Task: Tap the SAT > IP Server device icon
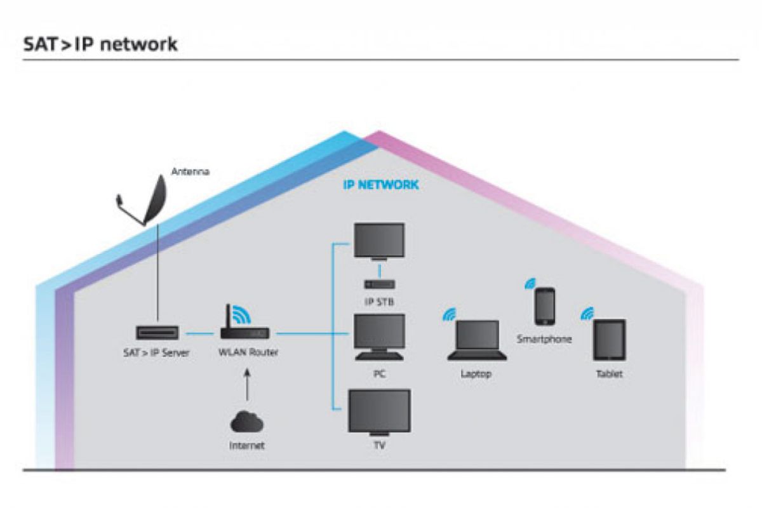tap(157, 333)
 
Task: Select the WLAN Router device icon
tap(245, 331)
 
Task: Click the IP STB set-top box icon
tap(379, 284)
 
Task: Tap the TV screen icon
tap(378, 412)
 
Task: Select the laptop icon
tap(477, 340)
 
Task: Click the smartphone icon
tap(545, 307)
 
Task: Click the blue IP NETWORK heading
tap(380, 185)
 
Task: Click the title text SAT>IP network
tap(100, 44)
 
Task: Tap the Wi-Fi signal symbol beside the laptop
tap(449, 314)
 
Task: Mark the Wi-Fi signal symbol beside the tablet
tap(587, 312)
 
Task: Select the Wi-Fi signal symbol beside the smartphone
tap(528, 283)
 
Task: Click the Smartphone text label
tap(544, 340)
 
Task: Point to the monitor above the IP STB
tap(378, 241)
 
